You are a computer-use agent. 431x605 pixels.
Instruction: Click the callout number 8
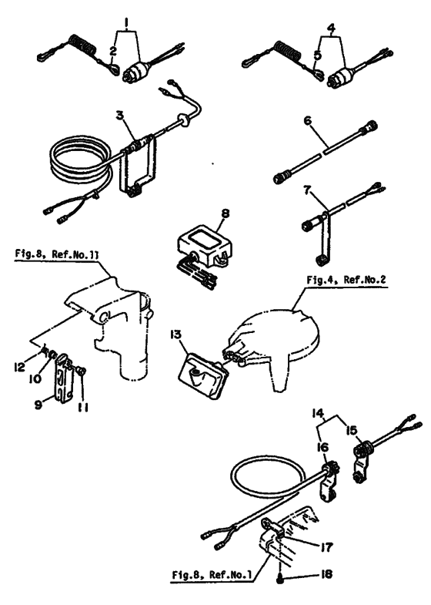click(226, 213)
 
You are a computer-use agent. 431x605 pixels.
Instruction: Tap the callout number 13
click(175, 335)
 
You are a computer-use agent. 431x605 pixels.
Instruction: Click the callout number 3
click(122, 115)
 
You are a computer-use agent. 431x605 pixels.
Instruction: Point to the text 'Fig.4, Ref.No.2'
click(346, 280)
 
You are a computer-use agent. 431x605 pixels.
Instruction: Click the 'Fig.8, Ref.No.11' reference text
click(57, 254)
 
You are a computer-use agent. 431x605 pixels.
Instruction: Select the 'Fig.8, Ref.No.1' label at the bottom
click(212, 574)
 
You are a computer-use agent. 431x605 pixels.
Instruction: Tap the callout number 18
click(326, 574)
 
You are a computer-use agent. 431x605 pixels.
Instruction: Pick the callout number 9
click(38, 405)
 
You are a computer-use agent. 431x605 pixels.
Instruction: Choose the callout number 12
click(19, 366)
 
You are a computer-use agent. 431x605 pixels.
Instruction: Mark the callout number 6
click(307, 121)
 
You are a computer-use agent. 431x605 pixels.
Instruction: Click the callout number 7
click(307, 191)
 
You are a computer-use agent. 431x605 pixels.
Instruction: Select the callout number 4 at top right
click(331, 29)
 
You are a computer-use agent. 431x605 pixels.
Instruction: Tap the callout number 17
click(326, 546)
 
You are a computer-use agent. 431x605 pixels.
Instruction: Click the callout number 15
click(351, 430)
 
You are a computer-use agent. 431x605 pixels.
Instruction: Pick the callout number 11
click(82, 407)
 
